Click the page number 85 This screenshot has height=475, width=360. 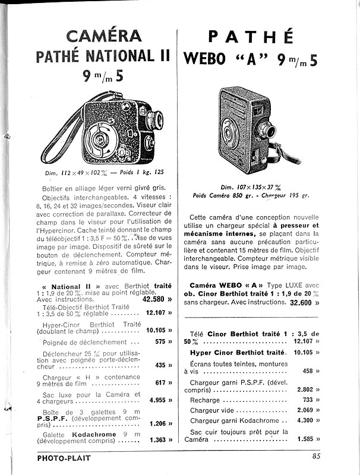tap(316, 457)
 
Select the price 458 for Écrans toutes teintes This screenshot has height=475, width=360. tap(307, 371)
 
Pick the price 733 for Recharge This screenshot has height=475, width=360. tap(307, 400)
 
